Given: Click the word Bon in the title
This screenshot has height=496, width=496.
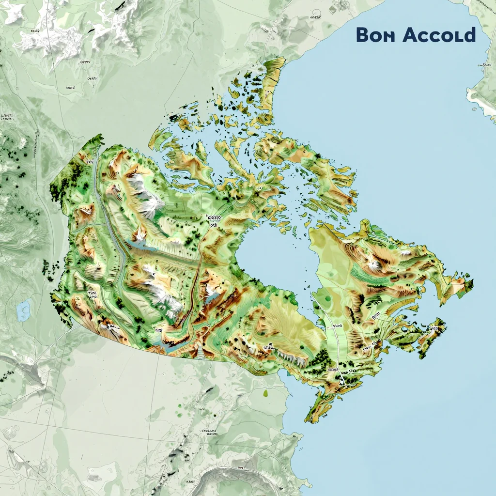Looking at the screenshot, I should pos(375,35).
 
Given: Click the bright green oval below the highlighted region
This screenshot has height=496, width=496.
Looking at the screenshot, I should pos(266,393).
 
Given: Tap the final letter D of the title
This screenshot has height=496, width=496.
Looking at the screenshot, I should pos(468,35).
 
